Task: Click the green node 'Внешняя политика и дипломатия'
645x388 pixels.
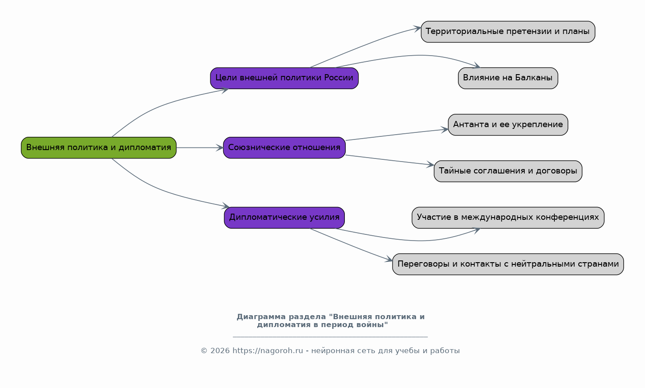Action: pos(99,147)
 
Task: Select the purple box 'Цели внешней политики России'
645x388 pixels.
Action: pos(284,78)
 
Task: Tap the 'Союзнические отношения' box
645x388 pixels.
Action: pos(284,147)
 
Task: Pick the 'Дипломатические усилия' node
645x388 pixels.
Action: pos(284,218)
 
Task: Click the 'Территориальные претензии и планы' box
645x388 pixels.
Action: pos(508,32)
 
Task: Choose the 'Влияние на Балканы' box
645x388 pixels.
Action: pos(508,78)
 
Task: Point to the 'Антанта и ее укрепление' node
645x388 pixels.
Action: pos(508,124)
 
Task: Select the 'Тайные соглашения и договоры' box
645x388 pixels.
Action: pos(508,171)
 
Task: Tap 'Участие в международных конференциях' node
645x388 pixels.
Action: pos(508,218)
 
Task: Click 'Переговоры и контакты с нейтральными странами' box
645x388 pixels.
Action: pos(508,264)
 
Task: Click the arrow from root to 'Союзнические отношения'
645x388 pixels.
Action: pos(199,147)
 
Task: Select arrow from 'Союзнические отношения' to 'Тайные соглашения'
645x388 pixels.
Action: pos(389,160)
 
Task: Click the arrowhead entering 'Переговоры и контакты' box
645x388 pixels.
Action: pos(389,260)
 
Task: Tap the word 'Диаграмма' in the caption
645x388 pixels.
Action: pos(260,317)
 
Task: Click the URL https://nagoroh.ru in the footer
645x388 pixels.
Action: pos(267,351)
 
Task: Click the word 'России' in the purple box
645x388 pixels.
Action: pos(339,78)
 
